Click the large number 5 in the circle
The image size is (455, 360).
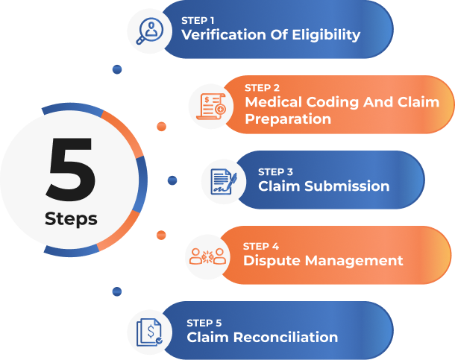(71, 172)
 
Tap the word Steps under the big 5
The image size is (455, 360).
(71, 219)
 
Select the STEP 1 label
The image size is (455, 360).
(198, 20)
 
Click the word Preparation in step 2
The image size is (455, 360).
(288, 119)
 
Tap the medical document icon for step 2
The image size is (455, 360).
(211, 107)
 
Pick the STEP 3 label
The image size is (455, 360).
(274, 171)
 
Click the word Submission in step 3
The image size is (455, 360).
(345, 186)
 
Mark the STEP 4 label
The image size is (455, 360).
(260, 245)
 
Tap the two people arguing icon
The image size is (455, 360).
(204, 256)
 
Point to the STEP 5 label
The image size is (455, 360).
(204, 323)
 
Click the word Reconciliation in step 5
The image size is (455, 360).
(287, 338)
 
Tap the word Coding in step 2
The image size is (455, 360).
(329, 103)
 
